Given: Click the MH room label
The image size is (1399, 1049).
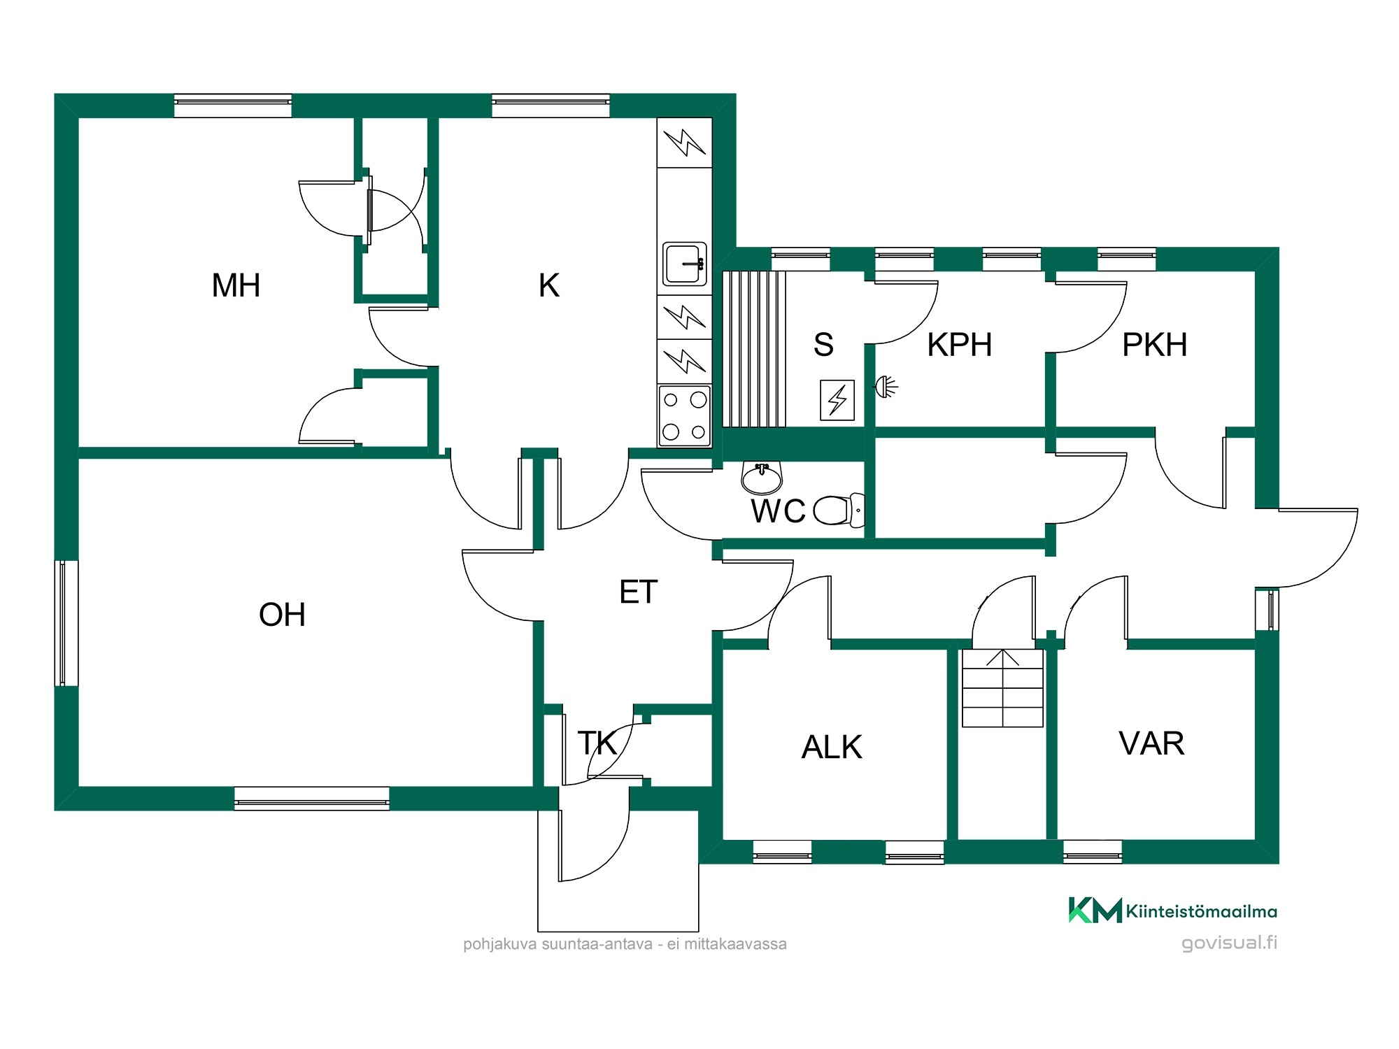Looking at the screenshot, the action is (236, 285).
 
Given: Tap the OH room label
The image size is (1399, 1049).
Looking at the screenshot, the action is (282, 615).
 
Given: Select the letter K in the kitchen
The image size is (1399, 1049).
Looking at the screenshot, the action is (549, 285).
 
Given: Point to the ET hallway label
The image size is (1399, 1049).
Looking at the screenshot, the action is (639, 592).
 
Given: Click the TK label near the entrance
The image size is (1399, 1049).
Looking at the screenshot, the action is (597, 743).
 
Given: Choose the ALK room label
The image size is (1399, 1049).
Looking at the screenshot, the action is (832, 747).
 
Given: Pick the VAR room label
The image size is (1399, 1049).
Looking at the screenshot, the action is (1151, 743).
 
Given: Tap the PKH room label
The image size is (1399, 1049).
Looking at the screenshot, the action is (1155, 345).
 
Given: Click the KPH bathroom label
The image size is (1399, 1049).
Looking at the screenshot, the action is (960, 345).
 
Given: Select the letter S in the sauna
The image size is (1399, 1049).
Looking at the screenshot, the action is (823, 345).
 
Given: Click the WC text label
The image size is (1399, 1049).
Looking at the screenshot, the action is (779, 511).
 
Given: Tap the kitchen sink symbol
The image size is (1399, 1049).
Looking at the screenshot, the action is (685, 264).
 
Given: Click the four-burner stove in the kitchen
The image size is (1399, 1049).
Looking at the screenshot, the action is (684, 416).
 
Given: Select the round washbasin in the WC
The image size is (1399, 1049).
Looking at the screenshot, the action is (762, 478).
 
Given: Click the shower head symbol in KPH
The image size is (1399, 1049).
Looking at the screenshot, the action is (886, 387).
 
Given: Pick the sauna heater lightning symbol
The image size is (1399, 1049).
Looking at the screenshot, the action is (837, 400).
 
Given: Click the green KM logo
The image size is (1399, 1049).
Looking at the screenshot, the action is (1095, 910).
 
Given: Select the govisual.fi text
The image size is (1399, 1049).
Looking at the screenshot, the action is (1229, 943).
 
